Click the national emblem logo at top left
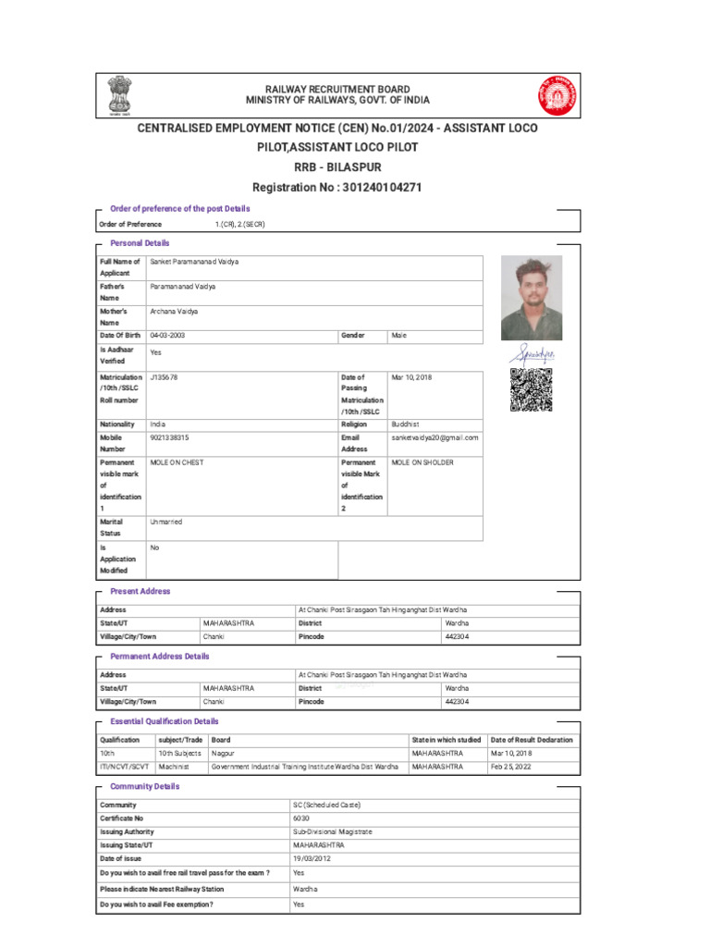119,94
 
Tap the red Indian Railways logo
556,94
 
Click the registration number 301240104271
382,188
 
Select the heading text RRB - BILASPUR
337,167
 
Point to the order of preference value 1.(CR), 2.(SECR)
239,225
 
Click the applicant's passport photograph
531,298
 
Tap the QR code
531,389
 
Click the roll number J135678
164,377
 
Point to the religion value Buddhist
405,424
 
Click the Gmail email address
435,437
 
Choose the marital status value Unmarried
166,523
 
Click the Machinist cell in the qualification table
174,767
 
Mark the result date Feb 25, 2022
511,767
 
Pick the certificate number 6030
300,818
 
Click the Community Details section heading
144,787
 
